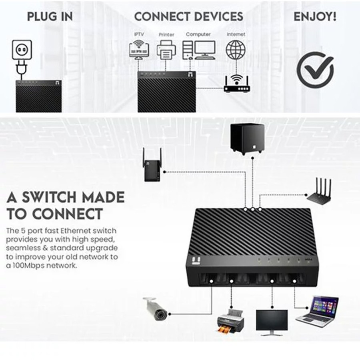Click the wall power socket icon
22,49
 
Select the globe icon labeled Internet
236,50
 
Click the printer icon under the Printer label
166,50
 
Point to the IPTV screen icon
139,50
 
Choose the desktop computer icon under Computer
199,50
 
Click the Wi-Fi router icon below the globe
236,84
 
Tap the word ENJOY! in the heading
315,16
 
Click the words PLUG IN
50,16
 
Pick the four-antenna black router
319,191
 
